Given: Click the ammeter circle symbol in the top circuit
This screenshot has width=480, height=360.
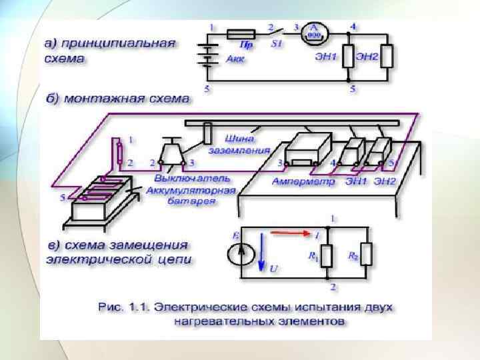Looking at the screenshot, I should tap(314, 32).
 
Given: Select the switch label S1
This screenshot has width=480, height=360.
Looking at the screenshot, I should tap(277, 43).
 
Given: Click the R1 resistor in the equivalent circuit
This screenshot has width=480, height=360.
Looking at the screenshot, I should tap(327, 254).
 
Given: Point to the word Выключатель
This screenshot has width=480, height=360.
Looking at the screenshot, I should tap(192, 179).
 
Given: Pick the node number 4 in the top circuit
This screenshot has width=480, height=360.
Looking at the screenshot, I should tap(353, 25).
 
